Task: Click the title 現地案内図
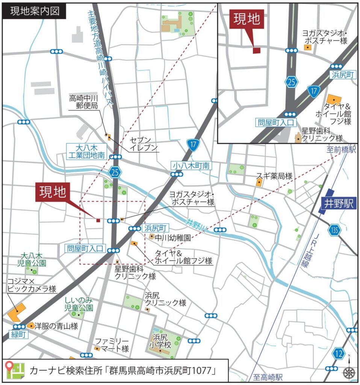35,11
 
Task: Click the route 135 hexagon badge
334,230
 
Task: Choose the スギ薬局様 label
274,176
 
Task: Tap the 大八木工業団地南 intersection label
86,151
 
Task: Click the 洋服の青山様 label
56,326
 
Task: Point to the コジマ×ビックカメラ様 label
32,285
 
